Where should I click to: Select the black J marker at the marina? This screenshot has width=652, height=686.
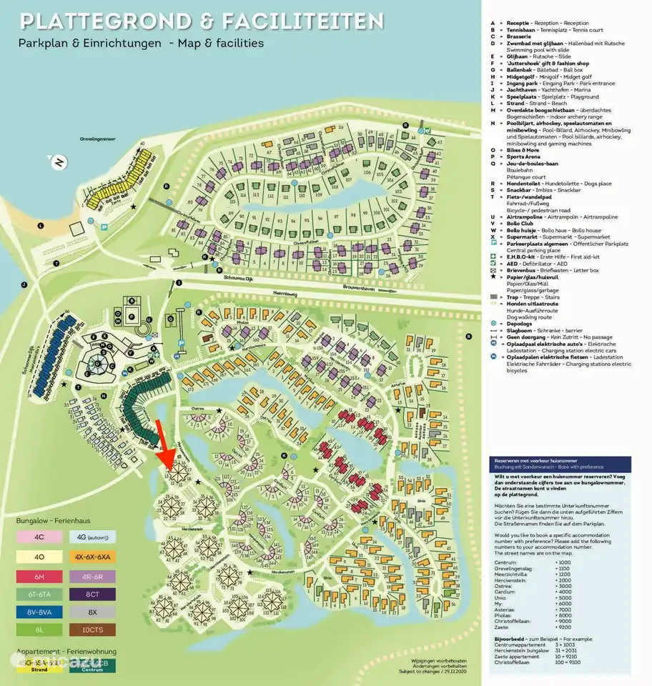point(24,284)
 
